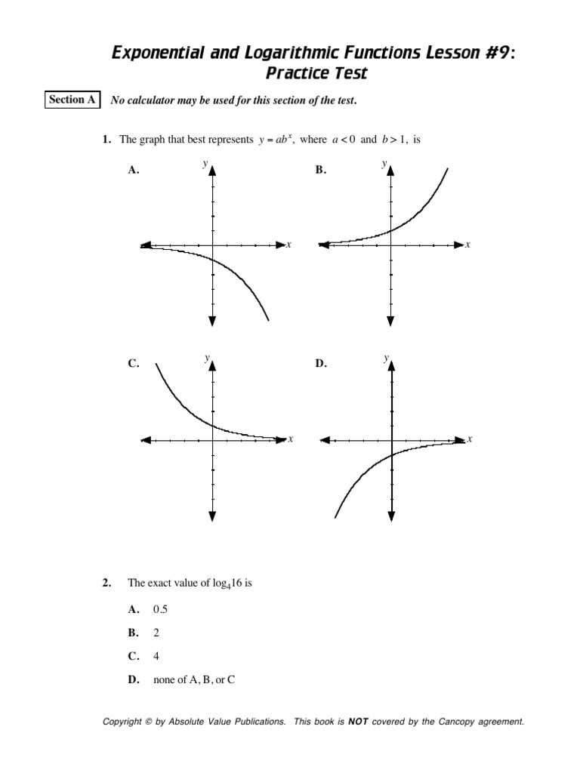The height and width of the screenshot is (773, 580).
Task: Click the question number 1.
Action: pos(108,140)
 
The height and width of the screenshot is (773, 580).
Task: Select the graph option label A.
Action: pos(134,171)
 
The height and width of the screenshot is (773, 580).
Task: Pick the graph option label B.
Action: pos(321,171)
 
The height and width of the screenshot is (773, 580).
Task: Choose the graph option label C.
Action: pos(134,364)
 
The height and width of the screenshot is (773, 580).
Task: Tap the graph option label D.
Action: pos(321,364)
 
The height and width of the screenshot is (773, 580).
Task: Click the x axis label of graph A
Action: pos(288,245)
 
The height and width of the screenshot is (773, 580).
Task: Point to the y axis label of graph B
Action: pos(384,162)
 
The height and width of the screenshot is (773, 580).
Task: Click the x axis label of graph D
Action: pos(469,439)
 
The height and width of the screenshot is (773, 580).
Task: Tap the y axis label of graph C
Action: pos(205,357)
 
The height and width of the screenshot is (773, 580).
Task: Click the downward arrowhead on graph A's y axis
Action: pos(212,320)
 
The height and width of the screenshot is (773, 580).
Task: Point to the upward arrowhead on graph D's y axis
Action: pos(392,364)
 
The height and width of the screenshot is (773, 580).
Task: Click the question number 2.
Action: pos(106,583)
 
